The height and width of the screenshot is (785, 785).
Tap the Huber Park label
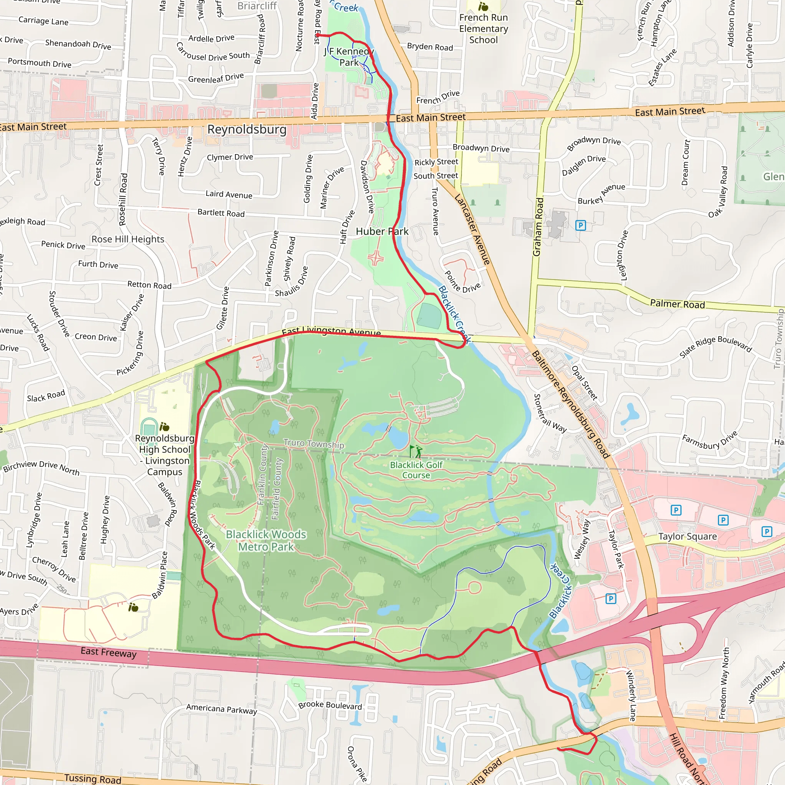coord(382,231)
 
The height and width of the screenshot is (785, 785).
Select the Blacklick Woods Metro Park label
coord(266,540)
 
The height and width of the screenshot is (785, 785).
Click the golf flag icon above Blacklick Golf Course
coord(415,451)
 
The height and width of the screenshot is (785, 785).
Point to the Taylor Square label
coord(688,536)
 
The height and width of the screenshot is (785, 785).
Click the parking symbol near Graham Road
coord(581,225)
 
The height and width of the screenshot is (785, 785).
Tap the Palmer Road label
coord(677,304)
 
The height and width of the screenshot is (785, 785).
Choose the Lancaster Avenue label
coord(472,230)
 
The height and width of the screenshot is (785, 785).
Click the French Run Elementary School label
coord(483,28)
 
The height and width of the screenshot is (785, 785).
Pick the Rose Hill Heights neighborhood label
coord(128,239)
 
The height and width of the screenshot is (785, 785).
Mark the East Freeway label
coord(108,652)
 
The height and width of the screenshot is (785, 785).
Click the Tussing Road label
coord(93,778)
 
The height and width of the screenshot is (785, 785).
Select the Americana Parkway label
coord(222,709)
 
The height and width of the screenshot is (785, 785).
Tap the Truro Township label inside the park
coord(314,444)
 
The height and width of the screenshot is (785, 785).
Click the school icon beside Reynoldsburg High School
coord(164,427)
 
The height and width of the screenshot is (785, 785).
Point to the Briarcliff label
coord(257,6)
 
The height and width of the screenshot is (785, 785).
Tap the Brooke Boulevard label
coord(330,705)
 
